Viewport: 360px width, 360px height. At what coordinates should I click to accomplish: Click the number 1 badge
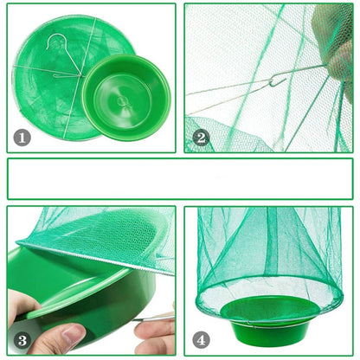coord(22,138)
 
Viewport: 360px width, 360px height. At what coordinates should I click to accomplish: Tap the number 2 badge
coord(201,138)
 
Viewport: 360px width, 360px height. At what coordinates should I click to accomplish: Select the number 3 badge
coord(22,340)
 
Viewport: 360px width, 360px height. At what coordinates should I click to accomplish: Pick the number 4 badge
coord(201,340)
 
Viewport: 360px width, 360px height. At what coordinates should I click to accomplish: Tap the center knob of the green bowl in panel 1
coord(122,101)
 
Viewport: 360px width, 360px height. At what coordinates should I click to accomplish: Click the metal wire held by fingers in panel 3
coord(154,318)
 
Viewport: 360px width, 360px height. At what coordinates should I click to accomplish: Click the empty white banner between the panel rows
coord(180,179)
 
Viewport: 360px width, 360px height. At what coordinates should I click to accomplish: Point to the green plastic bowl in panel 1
coord(126,97)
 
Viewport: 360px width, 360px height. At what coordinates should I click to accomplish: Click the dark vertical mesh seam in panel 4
coord(272,245)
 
